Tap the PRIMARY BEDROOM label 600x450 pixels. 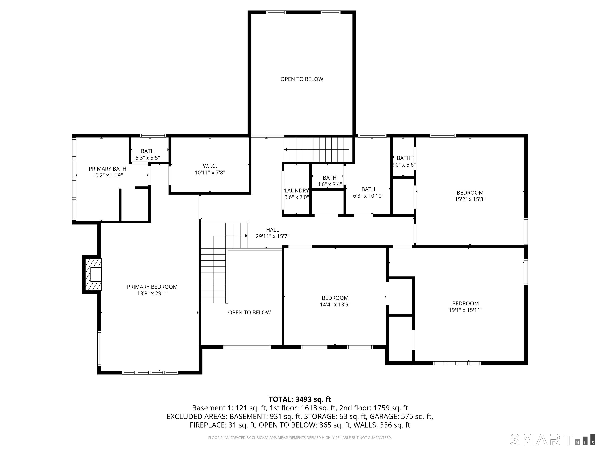pos(152,287)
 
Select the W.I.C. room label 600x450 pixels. pos(210,166)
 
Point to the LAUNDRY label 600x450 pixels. pos(296,191)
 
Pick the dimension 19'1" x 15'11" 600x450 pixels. pos(465,310)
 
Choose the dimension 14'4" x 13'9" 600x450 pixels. pos(335,305)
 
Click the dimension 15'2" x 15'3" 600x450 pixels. pos(470,199)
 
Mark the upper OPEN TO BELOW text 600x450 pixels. pos(302,79)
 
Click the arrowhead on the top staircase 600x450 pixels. pos(286,149)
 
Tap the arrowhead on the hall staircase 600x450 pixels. pos(246,236)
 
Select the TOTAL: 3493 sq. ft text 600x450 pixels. pos(300,399)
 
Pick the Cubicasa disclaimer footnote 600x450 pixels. pos(300,438)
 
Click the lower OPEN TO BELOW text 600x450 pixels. pos(249,312)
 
